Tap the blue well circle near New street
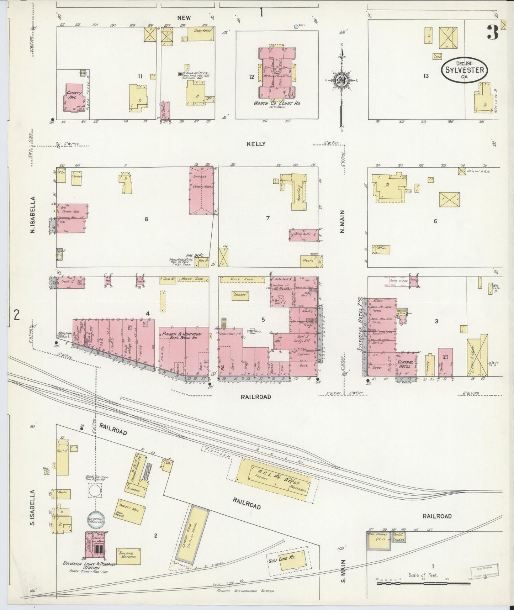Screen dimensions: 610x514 click(x=296, y=26)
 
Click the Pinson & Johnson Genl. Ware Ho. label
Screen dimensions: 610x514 click(x=182, y=336)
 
